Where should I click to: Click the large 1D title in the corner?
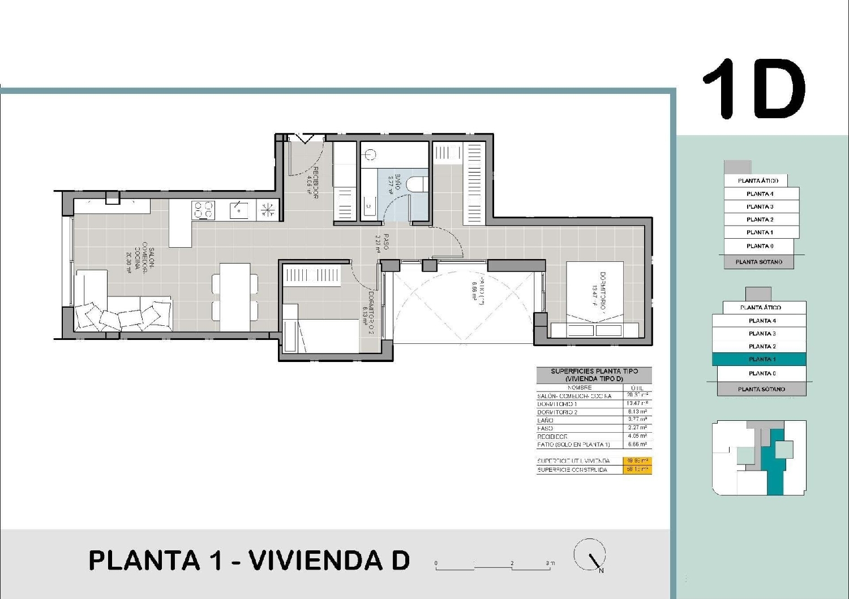[x=754, y=89]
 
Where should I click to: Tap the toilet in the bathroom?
[x=418, y=185]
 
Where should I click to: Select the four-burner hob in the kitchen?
[x=204, y=210]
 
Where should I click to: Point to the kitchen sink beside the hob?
[x=238, y=210]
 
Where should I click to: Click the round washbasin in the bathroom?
[x=370, y=154]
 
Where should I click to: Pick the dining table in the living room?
[x=235, y=296]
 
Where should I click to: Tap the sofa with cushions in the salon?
[x=122, y=315]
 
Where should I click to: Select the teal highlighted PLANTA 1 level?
[x=758, y=359]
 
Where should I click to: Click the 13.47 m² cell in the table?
[x=637, y=404]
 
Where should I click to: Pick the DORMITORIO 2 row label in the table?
[x=558, y=412]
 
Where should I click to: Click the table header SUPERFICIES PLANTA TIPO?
[x=594, y=372]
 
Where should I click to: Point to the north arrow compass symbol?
[x=590, y=555]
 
